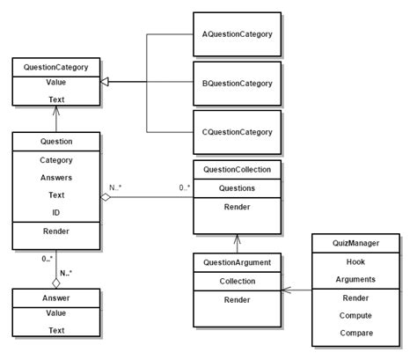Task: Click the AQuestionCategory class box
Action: pyautogui.click(x=236, y=34)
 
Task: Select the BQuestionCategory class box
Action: pyautogui.click(x=236, y=83)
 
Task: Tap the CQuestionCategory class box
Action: pyautogui.click(x=236, y=132)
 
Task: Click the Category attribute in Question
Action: pyautogui.click(x=56, y=159)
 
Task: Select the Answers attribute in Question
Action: pyautogui.click(x=56, y=177)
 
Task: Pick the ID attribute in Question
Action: pyautogui.click(x=56, y=213)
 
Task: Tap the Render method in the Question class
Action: pyautogui.click(x=56, y=232)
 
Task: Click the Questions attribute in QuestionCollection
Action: pyautogui.click(x=237, y=187)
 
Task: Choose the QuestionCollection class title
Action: pyautogui.click(x=237, y=169)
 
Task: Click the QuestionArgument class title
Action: pyautogui.click(x=237, y=261)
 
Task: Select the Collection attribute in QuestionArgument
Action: pyautogui.click(x=237, y=281)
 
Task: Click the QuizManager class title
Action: pyautogui.click(x=357, y=242)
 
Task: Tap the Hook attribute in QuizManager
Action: pyautogui.click(x=357, y=261)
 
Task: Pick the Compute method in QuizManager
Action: pyautogui.click(x=357, y=315)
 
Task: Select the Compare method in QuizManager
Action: pyautogui.click(x=357, y=333)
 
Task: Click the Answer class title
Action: pyautogui.click(x=56, y=298)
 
